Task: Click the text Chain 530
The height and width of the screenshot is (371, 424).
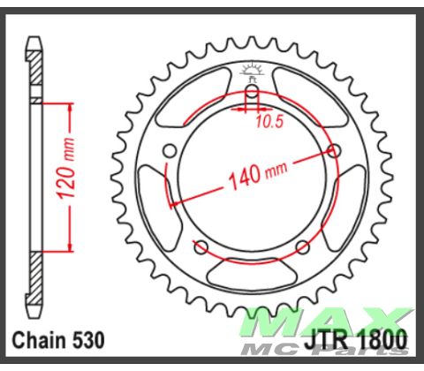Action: point(58,339)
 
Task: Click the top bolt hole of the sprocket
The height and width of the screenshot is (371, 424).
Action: point(251,92)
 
